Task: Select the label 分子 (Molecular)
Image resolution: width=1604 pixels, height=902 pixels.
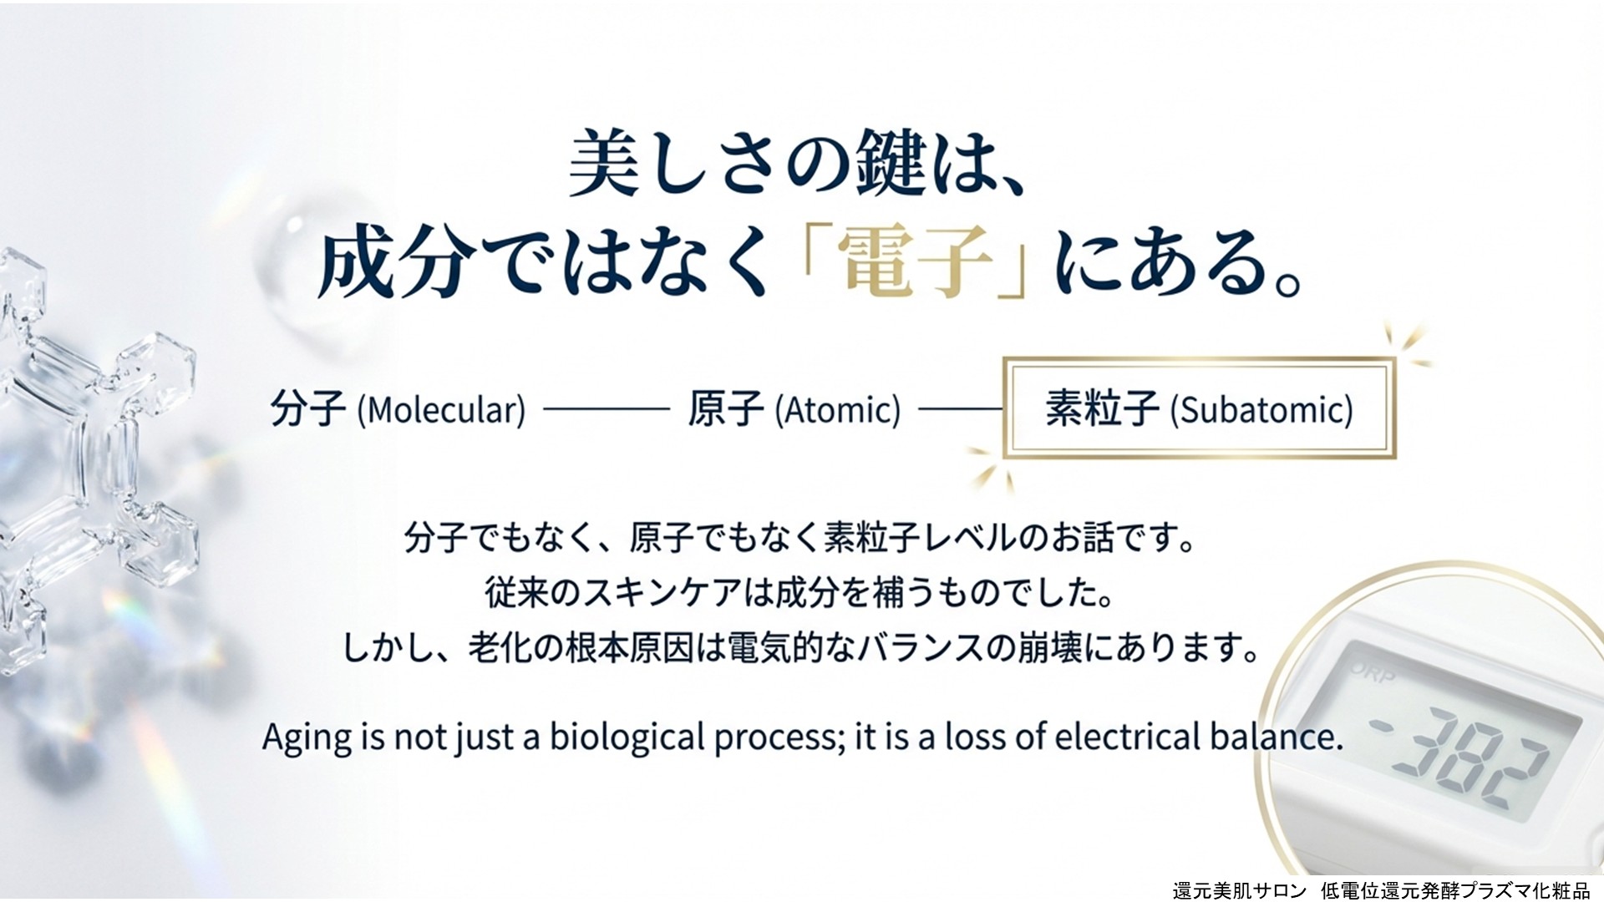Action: pos(398,409)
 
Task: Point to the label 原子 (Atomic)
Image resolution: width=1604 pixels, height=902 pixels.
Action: pos(794,409)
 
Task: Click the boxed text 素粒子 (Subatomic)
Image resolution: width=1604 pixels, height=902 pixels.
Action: pos(1199,409)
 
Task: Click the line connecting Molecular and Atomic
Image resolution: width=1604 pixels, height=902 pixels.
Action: pos(607,409)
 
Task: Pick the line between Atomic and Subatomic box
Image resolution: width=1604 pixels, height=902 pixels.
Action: pos(960,409)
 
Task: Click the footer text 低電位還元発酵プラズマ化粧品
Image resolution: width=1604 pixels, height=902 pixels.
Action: pos(1455,890)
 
